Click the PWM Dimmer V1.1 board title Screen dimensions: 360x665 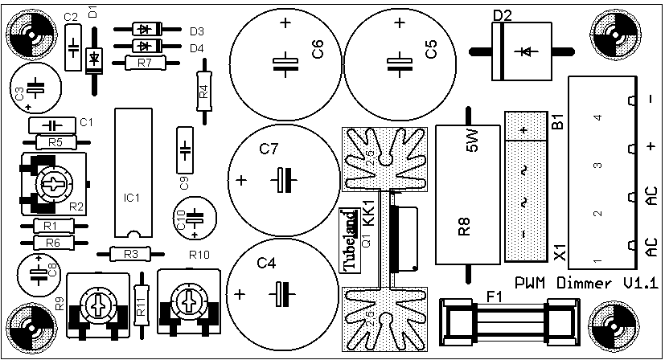click(586, 284)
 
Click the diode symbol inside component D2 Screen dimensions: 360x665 click(526, 51)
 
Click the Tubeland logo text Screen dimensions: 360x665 click(350, 240)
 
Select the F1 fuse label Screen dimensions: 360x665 click(494, 297)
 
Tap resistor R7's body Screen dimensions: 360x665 click(146, 63)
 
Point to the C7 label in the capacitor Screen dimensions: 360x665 click(269, 149)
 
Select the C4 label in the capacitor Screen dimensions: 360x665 click(266, 263)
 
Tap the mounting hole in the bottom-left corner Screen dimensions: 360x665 click(33, 326)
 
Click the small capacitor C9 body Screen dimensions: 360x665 click(184, 150)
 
